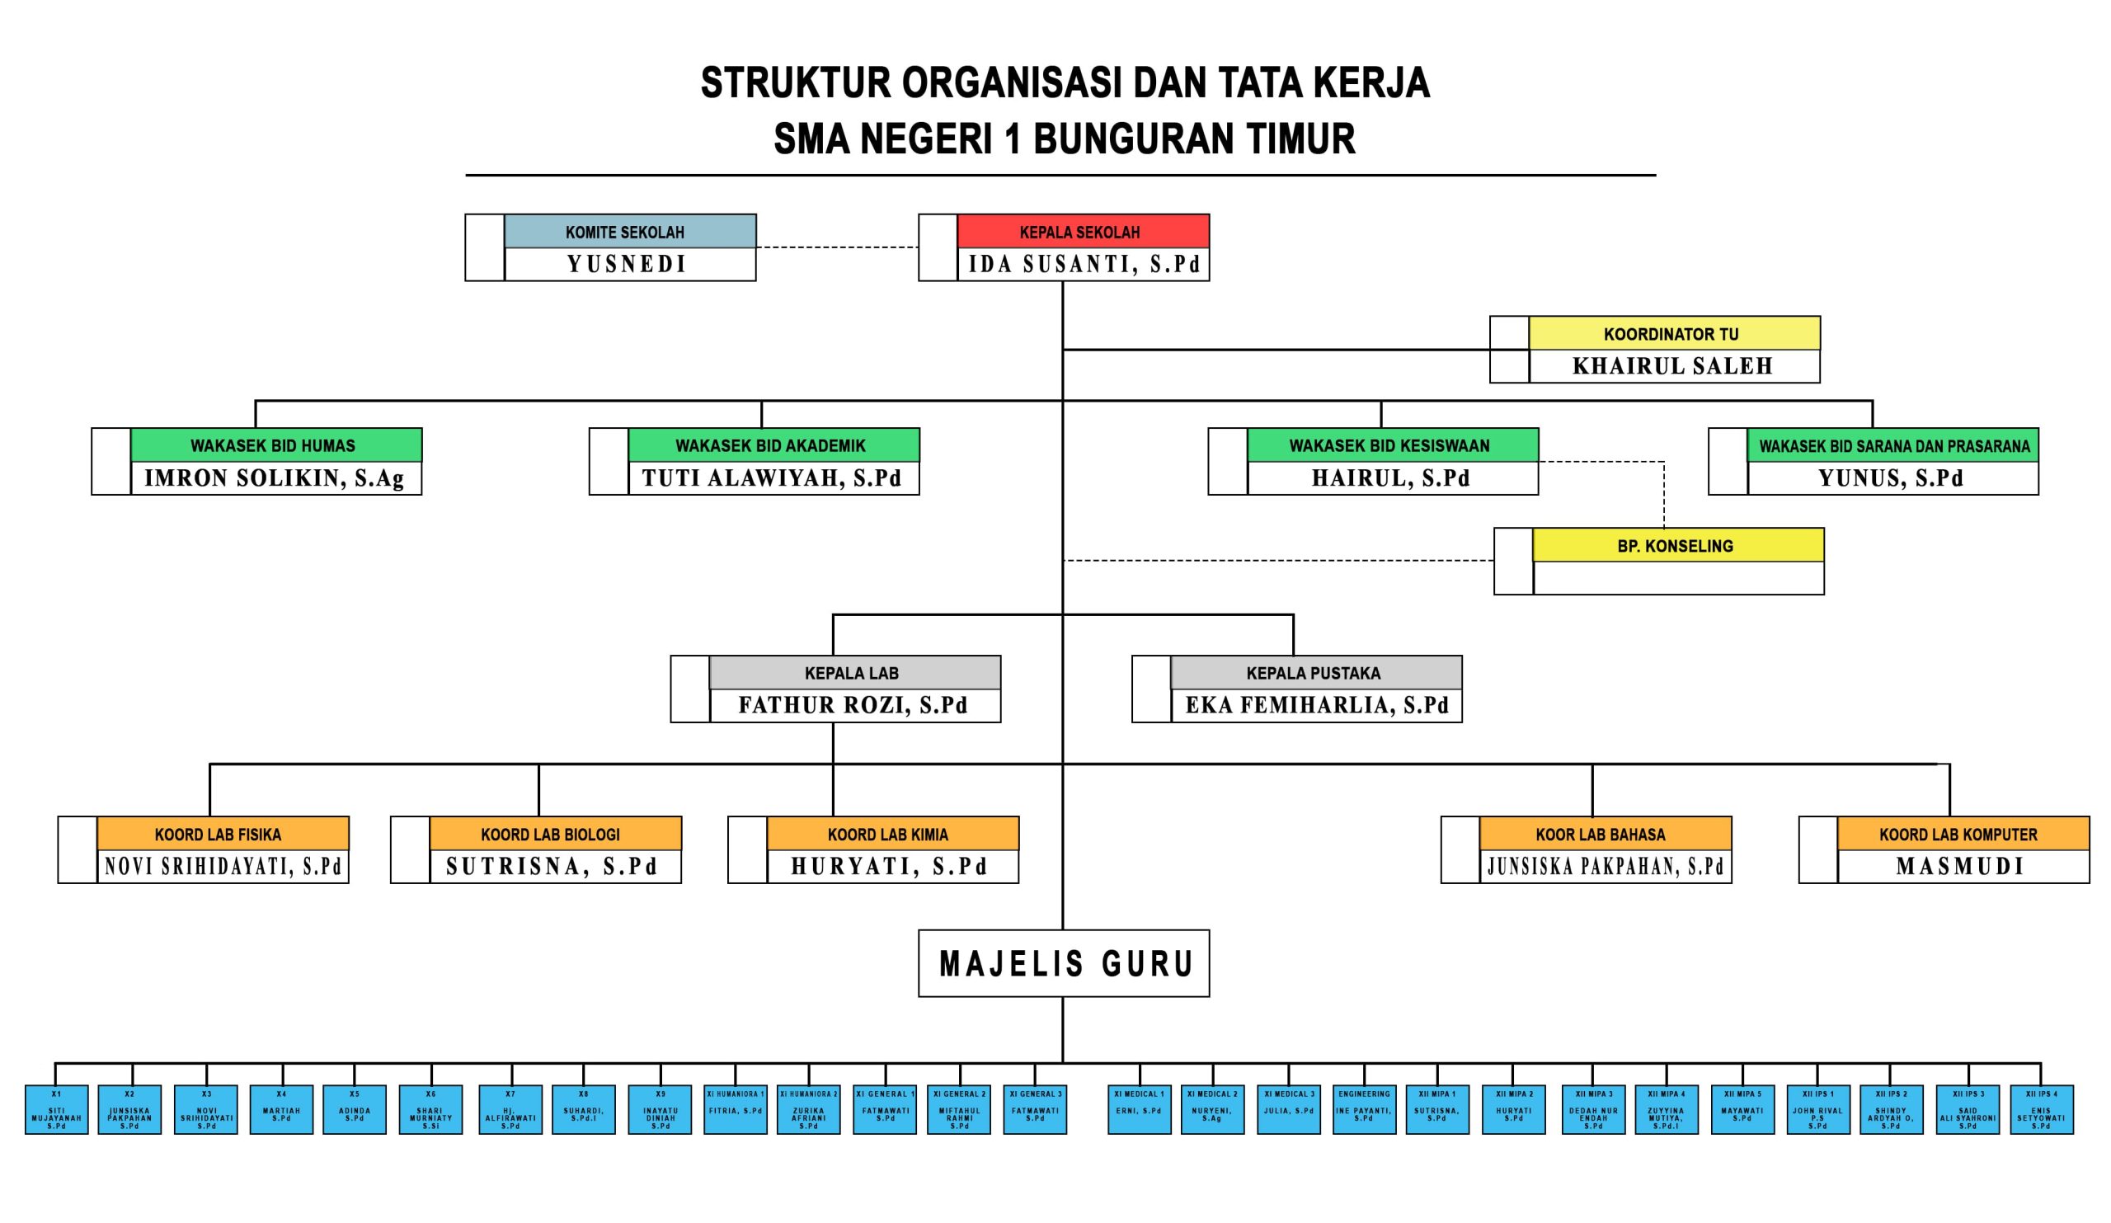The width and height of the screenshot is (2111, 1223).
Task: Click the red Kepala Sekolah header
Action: tap(1083, 231)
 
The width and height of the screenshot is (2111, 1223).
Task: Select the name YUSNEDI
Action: tap(629, 264)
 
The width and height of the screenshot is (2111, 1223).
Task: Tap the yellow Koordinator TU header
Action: tap(1674, 333)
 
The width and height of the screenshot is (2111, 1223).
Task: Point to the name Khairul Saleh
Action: tap(1674, 366)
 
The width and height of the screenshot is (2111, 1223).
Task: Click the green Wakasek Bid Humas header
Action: tap(275, 445)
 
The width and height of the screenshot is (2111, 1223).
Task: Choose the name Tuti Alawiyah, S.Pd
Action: tap(773, 477)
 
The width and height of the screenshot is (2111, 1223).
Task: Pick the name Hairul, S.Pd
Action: tap(1391, 477)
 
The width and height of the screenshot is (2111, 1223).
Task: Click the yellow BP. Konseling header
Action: tap(1677, 545)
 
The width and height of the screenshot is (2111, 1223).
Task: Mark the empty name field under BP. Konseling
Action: tap(1677, 578)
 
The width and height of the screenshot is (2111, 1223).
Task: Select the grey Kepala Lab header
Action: tap(854, 673)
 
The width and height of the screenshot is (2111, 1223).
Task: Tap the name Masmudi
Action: tap(1963, 865)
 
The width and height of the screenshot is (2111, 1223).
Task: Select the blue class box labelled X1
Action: tap(56, 1110)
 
